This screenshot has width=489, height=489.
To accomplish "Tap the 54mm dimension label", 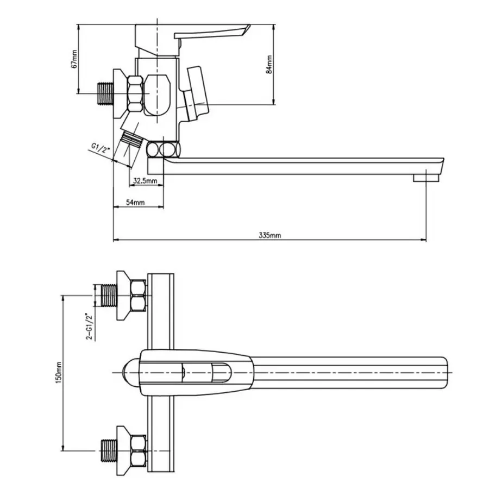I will [x=135, y=202].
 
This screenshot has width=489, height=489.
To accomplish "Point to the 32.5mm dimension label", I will [x=145, y=181].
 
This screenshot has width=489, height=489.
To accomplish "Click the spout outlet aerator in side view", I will [x=425, y=178].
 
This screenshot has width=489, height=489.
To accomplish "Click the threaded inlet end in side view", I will [x=104, y=93].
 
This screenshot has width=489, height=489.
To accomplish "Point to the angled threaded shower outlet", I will [x=130, y=140].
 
